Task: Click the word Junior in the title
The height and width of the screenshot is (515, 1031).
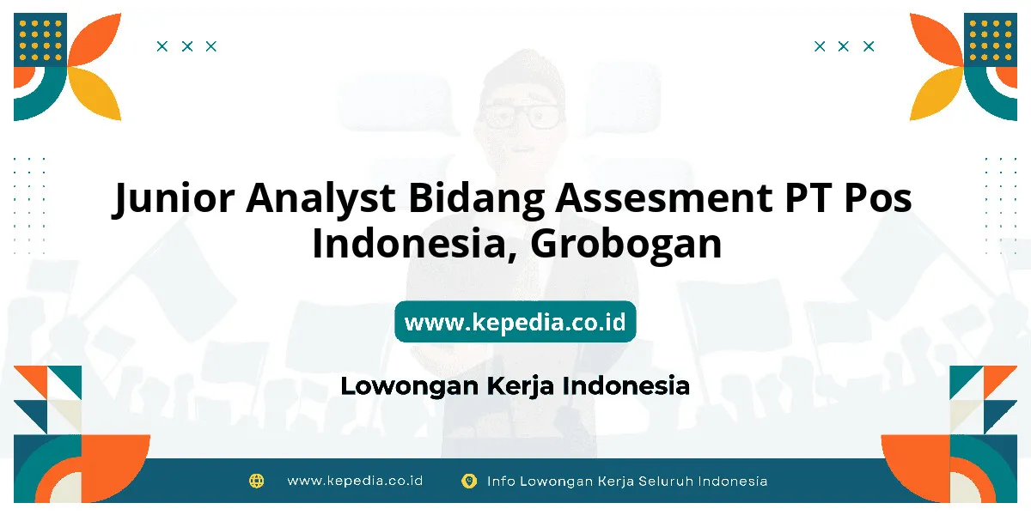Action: coord(174,197)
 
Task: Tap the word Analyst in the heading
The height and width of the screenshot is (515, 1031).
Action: coord(320,197)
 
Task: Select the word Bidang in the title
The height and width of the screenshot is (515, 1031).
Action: coord(476,197)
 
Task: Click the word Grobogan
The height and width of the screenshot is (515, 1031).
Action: coord(626,244)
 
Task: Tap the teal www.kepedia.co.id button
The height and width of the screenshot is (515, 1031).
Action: coord(515,321)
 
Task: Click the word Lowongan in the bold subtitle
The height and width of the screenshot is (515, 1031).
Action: coord(410,386)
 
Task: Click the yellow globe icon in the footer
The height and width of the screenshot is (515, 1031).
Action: coord(256,481)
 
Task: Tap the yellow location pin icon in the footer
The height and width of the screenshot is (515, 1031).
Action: coord(469,481)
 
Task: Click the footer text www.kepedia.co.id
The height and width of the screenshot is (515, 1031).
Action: coord(355,481)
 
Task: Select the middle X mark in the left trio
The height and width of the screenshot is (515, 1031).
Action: coord(187,46)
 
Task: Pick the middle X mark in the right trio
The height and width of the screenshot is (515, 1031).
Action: coord(843,46)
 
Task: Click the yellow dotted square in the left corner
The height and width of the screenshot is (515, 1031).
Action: coord(40,40)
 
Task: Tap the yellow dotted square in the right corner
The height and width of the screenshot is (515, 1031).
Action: coord(991,40)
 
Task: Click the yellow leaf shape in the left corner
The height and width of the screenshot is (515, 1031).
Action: coord(95,94)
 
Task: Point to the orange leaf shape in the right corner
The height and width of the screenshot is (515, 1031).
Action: coord(936,40)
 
